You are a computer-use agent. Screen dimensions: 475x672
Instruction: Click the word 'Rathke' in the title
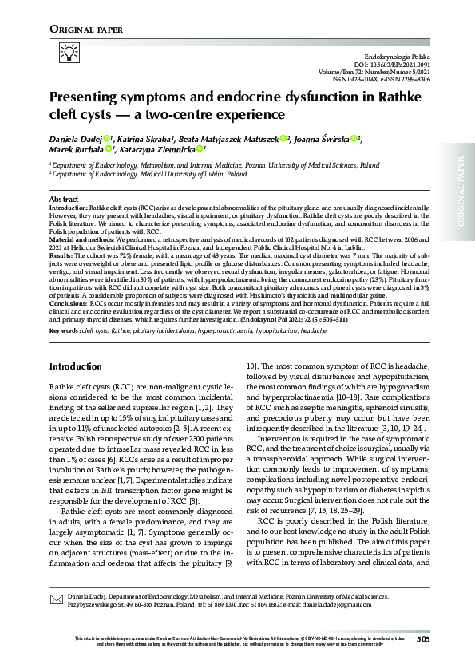[390, 97]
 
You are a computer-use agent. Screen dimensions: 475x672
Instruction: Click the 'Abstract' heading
[64, 199]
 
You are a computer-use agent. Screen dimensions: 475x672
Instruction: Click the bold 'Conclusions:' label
[70, 326]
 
